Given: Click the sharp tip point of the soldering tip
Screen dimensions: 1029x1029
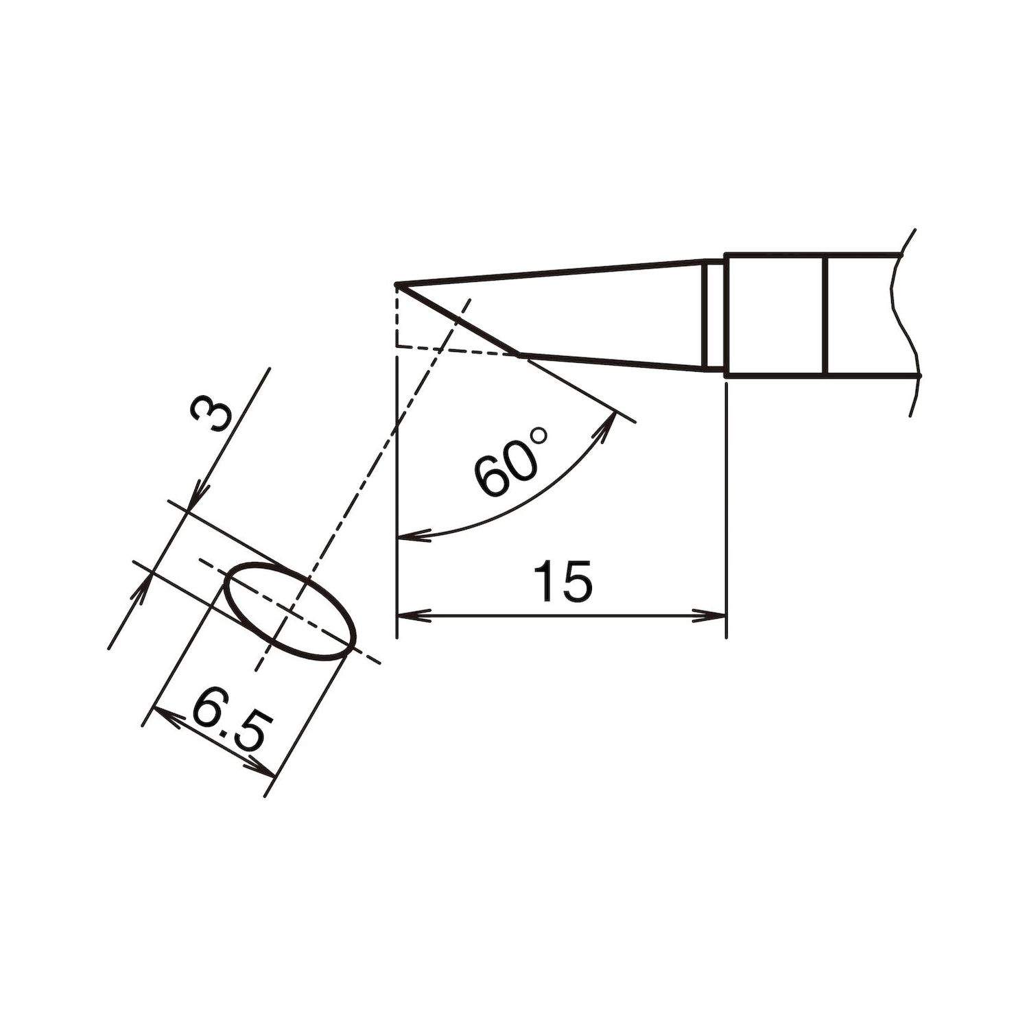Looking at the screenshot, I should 397,284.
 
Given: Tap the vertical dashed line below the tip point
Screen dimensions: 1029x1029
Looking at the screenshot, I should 397,316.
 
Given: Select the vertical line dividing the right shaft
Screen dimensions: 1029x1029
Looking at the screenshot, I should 827,316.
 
